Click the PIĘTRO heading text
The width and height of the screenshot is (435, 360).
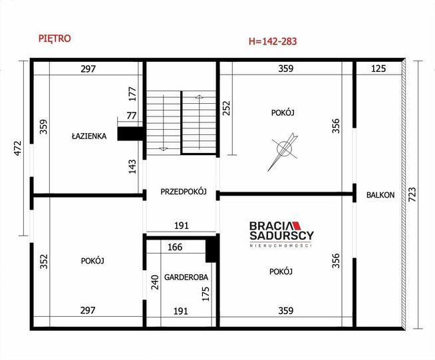pyautogui.click(x=55, y=39)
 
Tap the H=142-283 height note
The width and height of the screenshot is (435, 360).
pyautogui.click(x=273, y=41)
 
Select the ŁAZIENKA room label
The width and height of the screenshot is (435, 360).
pyautogui.click(x=89, y=136)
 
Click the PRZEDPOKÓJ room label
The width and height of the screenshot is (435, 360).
pyautogui.click(x=184, y=192)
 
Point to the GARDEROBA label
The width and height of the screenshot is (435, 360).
pyautogui.click(x=186, y=277)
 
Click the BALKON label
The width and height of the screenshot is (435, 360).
pyautogui.click(x=380, y=195)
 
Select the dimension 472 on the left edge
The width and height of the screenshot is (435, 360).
pyautogui.click(x=18, y=148)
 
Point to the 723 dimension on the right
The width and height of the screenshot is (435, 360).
pyautogui.click(x=412, y=194)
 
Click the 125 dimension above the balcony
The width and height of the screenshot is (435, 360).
pyautogui.click(x=378, y=69)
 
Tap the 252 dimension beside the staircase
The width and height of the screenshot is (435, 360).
pyautogui.click(x=226, y=108)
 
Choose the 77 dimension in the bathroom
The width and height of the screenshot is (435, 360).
pyautogui.click(x=132, y=116)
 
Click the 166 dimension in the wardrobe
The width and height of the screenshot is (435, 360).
pyautogui.click(x=175, y=247)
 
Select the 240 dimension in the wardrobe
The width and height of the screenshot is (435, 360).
pyautogui.click(x=155, y=282)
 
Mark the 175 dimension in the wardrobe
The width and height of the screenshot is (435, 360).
pyautogui.click(x=206, y=294)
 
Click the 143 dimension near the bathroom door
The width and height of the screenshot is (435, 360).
pyautogui.click(x=132, y=166)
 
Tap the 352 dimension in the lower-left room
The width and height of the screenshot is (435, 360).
pyautogui.click(x=44, y=262)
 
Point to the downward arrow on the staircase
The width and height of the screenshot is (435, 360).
pyautogui.click(x=164, y=123)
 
